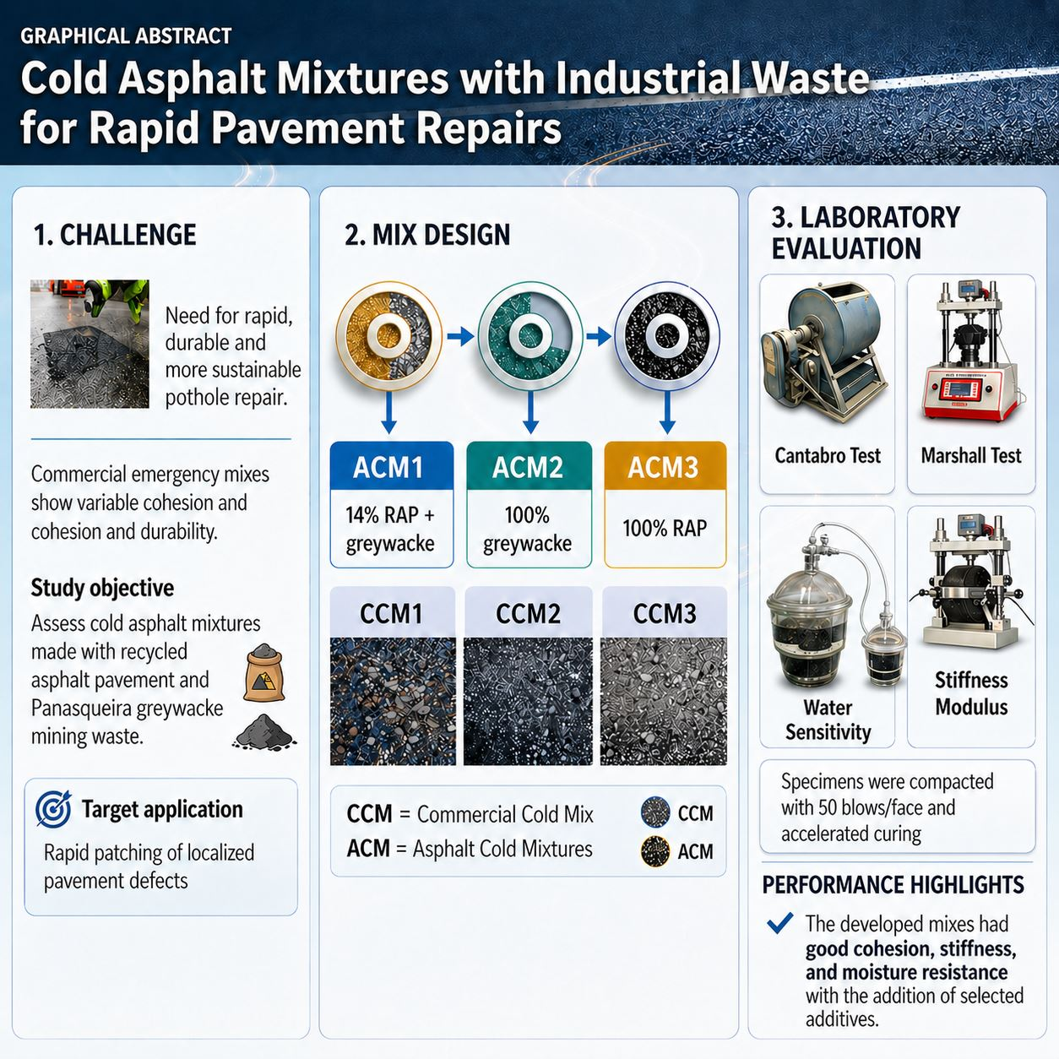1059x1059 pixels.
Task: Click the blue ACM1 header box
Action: [x=391, y=465]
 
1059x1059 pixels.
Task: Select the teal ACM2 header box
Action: [x=529, y=465]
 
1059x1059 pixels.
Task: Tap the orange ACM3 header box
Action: [x=665, y=465]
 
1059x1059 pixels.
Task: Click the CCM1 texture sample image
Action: [x=393, y=701]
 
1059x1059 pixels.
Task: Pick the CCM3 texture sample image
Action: [x=664, y=701]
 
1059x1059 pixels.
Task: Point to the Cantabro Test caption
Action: [x=828, y=455]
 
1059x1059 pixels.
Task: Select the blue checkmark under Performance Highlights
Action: [x=779, y=923]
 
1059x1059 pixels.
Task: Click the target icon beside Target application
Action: [x=53, y=810]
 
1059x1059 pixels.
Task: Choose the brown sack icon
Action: [x=264, y=673]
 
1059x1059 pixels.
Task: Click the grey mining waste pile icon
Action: [x=264, y=732]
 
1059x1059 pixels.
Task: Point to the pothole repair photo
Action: [x=90, y=344]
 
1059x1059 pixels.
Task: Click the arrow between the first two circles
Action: [x=460, y=336]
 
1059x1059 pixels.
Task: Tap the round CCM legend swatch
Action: [x=655, y=812]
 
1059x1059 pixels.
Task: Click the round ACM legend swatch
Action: [x=655, y=851]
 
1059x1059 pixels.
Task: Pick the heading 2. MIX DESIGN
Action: [x=427, y=235]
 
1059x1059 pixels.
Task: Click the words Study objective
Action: [x=102, y=588]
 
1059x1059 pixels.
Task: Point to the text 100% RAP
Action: [x=665, y=528]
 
